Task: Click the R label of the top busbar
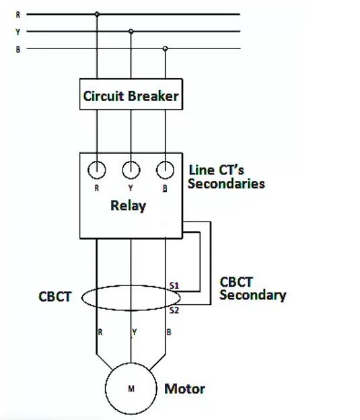click(x=18, y=15)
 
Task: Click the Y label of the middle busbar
click(x=17, y=32)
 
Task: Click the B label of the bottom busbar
click(x=18, y=50)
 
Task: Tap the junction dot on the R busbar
click(x=97, y=14)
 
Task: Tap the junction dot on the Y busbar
click(x=131, y=32)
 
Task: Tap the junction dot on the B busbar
click(x=166, y=48)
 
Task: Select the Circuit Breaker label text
click(x=131, y=96)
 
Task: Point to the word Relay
click(x=129, y=206)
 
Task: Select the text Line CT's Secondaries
click(x=226, y=177)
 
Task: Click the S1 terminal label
click(x=174, y=285)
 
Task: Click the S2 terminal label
click(x=174, y=310)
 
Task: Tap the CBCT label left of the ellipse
click(x=55, y=297)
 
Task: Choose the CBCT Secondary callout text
click(x=253, y=289)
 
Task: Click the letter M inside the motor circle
click(x=131, y=388)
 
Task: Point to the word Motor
click(x=185, y=388)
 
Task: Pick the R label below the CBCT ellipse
click(x=100, y=332)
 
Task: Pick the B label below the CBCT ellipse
click(x=169, y=332)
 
